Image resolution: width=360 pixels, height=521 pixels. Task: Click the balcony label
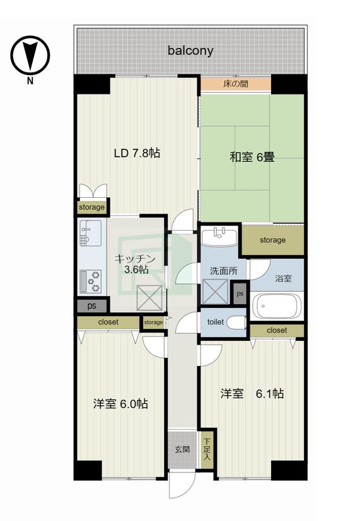coord(190,51)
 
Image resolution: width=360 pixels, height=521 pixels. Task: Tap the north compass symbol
coord(30,55)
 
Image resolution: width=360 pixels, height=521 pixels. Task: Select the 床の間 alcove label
coord(236,84)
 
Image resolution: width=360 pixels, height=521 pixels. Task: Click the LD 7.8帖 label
coord(137,153)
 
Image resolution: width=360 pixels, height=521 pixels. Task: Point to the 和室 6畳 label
coord(252,157)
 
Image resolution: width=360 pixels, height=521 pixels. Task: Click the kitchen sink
coord(90,233)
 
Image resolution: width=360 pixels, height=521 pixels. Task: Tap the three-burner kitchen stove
coord(90,282)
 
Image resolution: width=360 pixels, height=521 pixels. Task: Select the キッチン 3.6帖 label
coord(136,264)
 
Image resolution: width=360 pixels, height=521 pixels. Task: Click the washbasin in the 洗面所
coord(219,236)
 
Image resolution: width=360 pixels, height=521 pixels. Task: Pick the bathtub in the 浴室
coord(276,306)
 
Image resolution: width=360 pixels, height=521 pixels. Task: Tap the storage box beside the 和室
coord(272,240)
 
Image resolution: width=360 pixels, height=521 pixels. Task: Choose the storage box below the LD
coord(92,207)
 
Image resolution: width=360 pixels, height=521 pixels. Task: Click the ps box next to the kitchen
coord(92,306)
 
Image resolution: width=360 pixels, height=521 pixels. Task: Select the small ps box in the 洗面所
coord(240,294)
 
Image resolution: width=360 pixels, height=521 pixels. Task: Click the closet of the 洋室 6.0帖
coord(108,323)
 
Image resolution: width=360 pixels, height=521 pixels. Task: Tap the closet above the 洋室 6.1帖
coord(277,331)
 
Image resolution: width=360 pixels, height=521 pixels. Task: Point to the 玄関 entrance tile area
coord(182,450)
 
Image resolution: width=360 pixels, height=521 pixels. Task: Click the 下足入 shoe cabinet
coord(207,450)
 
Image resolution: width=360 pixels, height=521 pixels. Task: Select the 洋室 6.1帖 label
coord(252,394)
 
